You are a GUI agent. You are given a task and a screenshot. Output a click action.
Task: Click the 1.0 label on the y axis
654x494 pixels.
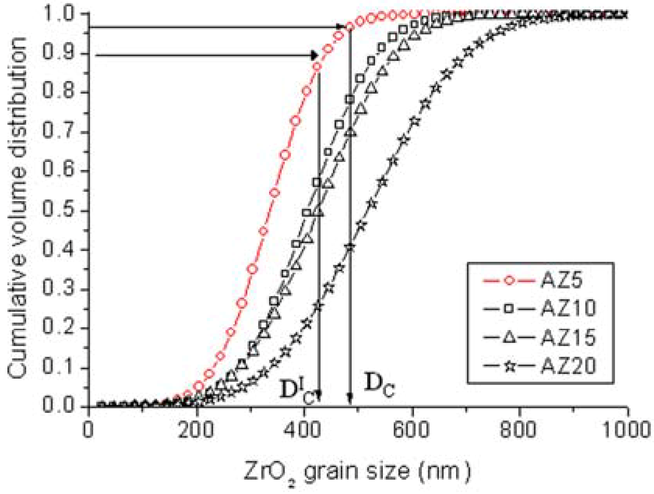pyautogui.click(x=60, y=14)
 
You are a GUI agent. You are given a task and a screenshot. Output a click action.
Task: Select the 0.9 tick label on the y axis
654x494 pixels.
pyautogui.click(x=60, y=53)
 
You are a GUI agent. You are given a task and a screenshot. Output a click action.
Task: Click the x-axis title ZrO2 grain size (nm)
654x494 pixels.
pyautogui.click(x=357, y=471)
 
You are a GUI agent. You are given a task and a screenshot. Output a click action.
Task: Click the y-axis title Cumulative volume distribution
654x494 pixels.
pyautogui.click(x=18, y=208)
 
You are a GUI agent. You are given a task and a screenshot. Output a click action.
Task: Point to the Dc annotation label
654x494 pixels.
pyautogui.click(x=379, y=385)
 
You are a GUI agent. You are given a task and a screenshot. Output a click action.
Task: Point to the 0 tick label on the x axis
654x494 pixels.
pyautogui.click(x=89, y=430)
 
